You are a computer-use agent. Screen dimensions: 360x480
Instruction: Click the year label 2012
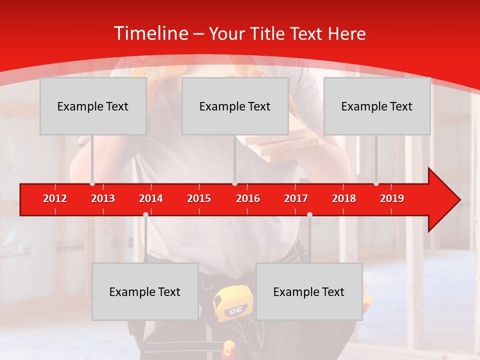click(x=55, y=198)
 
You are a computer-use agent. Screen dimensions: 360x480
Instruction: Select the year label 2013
click(x=103, y=198)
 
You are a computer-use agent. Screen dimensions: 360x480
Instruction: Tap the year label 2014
click(x=151, y=198)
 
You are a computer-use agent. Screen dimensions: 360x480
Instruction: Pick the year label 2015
click(x=199, y=198)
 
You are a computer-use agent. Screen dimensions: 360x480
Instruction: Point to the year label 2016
click(x=248, y=198)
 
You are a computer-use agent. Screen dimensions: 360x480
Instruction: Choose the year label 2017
click(x=296, y=198)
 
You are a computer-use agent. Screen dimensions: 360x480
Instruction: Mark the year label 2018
click(x=344, y=198)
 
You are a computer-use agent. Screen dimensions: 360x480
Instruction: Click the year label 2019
click(x=392, y=198)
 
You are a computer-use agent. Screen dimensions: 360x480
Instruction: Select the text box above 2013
click(x=93, y=106)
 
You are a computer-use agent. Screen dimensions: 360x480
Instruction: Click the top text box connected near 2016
click(x=235, y=106)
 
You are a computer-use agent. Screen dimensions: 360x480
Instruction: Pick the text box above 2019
click(x=377, y=106)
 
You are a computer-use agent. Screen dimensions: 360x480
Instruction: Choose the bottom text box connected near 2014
click(x=145, y=291)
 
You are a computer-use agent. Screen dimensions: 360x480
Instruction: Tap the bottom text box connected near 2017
click(x=309, y=291)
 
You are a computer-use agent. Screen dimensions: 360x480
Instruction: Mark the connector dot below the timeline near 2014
click(x=145, y=214)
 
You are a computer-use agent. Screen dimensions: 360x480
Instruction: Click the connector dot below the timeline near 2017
click(x=309, y=214)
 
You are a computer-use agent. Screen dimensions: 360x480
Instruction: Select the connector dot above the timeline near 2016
click(x=234, y=183)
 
